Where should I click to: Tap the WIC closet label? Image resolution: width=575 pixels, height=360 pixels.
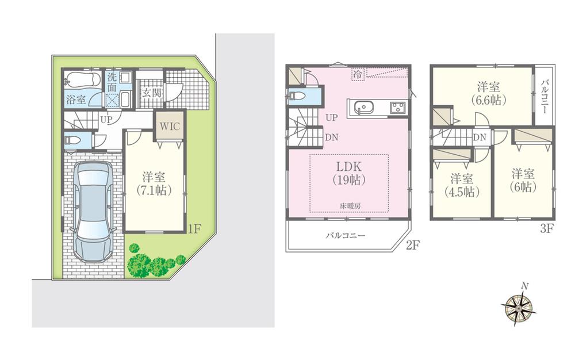169,125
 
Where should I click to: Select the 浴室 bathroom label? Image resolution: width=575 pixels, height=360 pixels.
76,98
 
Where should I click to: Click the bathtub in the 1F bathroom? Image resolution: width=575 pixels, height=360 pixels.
82,79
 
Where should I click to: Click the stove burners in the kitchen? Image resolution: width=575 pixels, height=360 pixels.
397,107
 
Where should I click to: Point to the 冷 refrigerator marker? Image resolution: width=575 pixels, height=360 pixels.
358,74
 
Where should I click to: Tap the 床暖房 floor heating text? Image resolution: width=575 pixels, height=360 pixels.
349,206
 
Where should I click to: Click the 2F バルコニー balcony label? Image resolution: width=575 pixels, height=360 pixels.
345,235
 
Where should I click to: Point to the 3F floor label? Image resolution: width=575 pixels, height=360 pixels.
546,228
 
